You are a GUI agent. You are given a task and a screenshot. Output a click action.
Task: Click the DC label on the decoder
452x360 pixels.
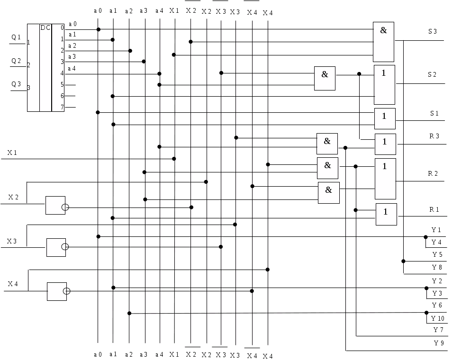point(45,27)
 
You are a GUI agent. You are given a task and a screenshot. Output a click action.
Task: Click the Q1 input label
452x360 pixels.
point(16,37)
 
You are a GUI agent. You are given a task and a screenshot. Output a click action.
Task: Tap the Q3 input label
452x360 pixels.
point(16,84)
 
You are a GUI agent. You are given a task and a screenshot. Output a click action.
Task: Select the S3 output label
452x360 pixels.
point(433,31)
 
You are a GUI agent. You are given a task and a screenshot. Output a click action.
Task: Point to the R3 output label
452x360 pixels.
point(434,136)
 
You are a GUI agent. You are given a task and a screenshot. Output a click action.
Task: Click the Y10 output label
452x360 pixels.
point(438,318)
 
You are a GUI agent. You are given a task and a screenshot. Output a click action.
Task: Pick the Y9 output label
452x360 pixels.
point(439,342)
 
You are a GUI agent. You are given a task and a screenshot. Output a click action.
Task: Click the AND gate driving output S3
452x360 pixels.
point(383,42)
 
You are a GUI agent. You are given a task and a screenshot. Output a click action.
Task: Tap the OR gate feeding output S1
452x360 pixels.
point(385,118)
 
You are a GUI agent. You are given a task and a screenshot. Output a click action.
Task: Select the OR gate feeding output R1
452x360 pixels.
point(386,214)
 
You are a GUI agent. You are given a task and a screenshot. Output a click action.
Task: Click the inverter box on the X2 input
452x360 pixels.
point(55,205)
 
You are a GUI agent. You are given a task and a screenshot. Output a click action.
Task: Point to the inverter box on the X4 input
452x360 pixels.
point(57,291)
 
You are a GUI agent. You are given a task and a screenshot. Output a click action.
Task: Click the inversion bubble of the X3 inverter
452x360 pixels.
point(65,247)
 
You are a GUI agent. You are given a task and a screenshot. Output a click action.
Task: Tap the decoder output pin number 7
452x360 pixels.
point(62,107)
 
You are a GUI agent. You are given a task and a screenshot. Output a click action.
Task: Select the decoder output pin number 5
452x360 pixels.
point(62,84)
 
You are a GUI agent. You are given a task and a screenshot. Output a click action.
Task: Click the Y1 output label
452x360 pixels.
point(436,230)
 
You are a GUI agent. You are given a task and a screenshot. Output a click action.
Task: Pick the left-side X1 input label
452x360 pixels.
point(12,153)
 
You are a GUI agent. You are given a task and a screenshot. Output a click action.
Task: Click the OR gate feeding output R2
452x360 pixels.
point(385,179)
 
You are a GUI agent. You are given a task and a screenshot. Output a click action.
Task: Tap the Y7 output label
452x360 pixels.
point(438,330)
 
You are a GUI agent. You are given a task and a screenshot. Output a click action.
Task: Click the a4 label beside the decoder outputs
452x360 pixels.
point(72,68)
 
